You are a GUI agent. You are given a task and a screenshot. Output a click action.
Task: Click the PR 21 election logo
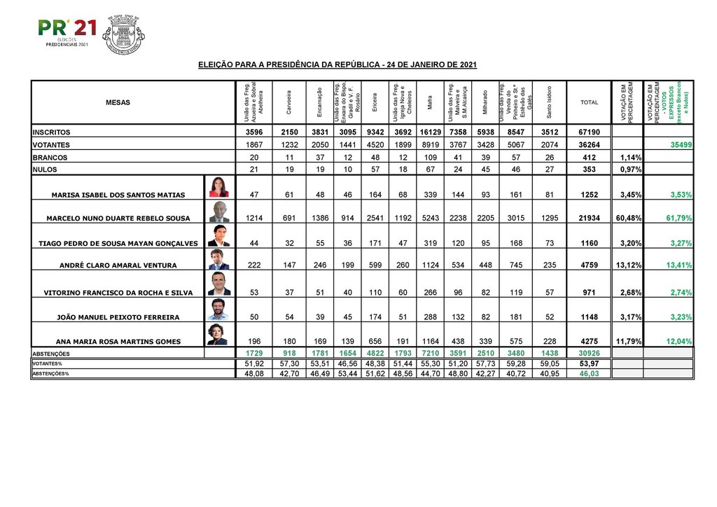[x=67, y=32]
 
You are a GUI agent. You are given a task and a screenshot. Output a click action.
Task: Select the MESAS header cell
[x=118, y=103]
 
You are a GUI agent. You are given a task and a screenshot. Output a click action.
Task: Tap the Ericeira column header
[x=375, y=103]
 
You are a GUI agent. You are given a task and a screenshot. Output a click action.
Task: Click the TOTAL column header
[x=589, y=103]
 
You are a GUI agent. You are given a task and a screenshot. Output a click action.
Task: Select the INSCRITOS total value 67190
[x=589, y=132]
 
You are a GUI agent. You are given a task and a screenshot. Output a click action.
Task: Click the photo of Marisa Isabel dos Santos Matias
[x=218, y=187]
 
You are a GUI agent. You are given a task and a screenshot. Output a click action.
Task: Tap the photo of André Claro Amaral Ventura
[x=218, y=260]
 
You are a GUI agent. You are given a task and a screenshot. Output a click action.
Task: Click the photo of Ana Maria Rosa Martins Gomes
[x=218, y=334]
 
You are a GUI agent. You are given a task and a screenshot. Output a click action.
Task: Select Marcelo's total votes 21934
[x=589, y=218]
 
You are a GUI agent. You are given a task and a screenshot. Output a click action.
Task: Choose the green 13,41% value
[x=678, y=265]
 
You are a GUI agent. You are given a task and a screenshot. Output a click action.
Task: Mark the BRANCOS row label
[x=50, y=158]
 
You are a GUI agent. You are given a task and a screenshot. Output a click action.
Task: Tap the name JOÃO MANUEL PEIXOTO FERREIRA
[x=118, y=317]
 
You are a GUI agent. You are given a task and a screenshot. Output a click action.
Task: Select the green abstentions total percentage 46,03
[x=589, y=375]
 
